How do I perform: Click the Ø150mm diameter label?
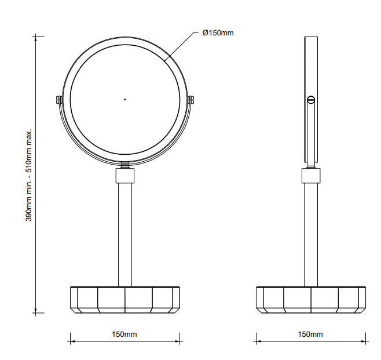point(218,32)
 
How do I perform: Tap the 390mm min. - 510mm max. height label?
point(29,175)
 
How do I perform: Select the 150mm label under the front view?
point(124,334)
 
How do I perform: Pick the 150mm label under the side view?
point(310,334)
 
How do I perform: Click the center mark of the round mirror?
point(125,100)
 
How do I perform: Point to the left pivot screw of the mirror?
point(58,100)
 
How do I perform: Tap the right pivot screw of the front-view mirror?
point(191,100)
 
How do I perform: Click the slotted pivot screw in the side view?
point(311,99)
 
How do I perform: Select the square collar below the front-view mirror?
point(125,176)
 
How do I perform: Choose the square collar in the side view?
point(311,176)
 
